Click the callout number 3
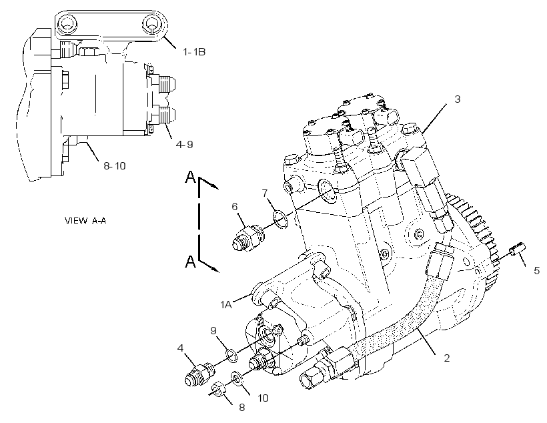click(x=458, y=99)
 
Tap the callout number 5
click(x=536, y=270)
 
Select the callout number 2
click(x=447, y=358)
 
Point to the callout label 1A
click(x=226, y=305)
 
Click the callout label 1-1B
click(x=194, y=52)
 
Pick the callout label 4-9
click(x=185, y=144)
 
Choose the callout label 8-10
click(x=115, y=165)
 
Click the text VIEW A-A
click(x=85, y=221)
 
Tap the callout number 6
click(x=234, y=207)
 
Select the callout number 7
click(x=265, y=193)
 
